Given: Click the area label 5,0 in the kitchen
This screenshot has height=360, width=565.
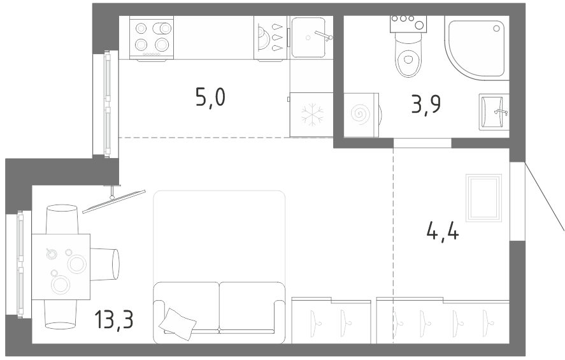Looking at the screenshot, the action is [x=210, y=98].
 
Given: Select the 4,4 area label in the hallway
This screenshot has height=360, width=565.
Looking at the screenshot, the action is [x=443, y=231].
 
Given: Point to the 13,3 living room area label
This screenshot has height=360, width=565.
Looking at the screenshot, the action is [x=114, y=319].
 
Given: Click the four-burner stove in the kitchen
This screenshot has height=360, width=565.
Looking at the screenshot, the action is [x=152, y=38].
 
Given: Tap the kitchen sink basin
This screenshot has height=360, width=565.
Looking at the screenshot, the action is [x=309, y=37].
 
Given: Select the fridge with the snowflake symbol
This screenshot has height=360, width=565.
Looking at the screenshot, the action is [x=311, y=115].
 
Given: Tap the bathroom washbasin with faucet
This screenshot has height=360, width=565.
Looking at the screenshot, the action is [x=494, y=112].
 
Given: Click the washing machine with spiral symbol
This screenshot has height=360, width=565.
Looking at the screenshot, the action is [x=361, y=115].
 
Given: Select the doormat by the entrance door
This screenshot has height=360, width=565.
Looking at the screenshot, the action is [x=483, y=198].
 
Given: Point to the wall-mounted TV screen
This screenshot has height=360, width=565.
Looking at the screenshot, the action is [x=114, y=201].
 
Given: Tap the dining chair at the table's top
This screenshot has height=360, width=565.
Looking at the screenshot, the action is [x=62, y=219].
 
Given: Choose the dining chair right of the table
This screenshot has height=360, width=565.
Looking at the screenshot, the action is [x=104, y=264].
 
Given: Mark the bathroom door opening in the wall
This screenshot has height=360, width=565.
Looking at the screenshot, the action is [x=422, y=143].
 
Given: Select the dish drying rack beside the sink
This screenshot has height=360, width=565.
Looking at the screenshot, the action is [x=270, y=38].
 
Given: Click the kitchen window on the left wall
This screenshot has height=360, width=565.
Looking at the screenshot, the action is [x=106, y=104].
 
